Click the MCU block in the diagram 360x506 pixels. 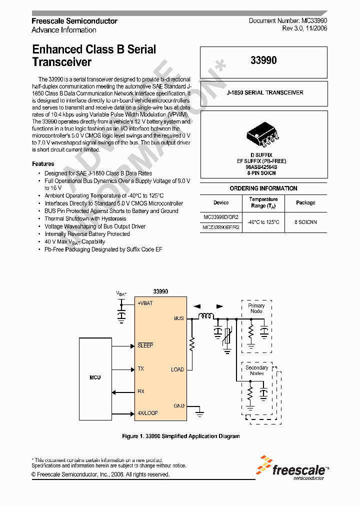point(95,377)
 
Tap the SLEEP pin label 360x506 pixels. point(145,345)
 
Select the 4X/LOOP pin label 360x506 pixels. point(147,413)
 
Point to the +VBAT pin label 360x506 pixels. point(145,303)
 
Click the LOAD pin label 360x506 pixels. point(177,369)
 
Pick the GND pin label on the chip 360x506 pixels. point(178,405)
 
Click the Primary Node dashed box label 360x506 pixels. point(256,308)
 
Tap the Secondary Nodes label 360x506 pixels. point(256,370)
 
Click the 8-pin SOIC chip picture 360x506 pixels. point(263,134)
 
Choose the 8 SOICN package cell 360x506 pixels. point(305,221)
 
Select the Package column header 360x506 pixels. point(305,202)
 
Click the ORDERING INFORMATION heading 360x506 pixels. point(263,188)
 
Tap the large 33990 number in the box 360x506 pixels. point(263,60)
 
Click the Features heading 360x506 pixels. point(43,164)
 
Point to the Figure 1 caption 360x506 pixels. point(180,436)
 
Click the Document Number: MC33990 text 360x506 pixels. point(288,21)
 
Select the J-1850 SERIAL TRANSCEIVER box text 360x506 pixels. point(264,92)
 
